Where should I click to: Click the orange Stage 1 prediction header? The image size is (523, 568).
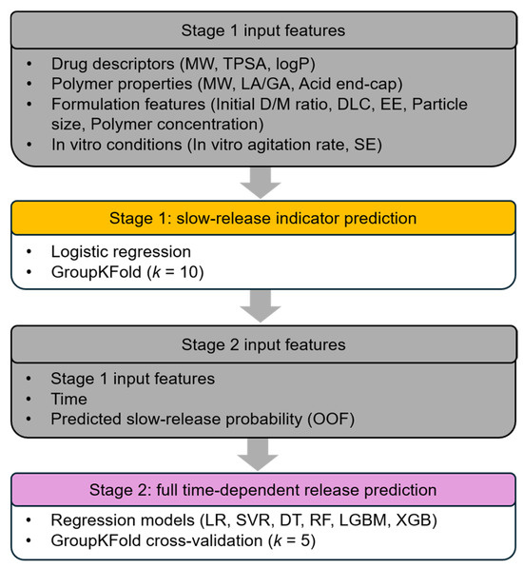263,218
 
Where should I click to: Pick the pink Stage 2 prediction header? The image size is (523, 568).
263,490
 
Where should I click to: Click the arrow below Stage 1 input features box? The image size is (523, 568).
261,183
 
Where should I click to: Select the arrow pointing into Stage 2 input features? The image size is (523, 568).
261,306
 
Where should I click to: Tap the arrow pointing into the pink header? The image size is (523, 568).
258,454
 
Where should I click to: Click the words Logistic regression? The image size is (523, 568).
121,252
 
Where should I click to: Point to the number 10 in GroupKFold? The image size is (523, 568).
189,272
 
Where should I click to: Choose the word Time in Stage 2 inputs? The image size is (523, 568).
68,400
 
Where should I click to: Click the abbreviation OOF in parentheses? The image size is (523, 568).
331,420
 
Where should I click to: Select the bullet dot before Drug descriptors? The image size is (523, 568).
29,65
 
